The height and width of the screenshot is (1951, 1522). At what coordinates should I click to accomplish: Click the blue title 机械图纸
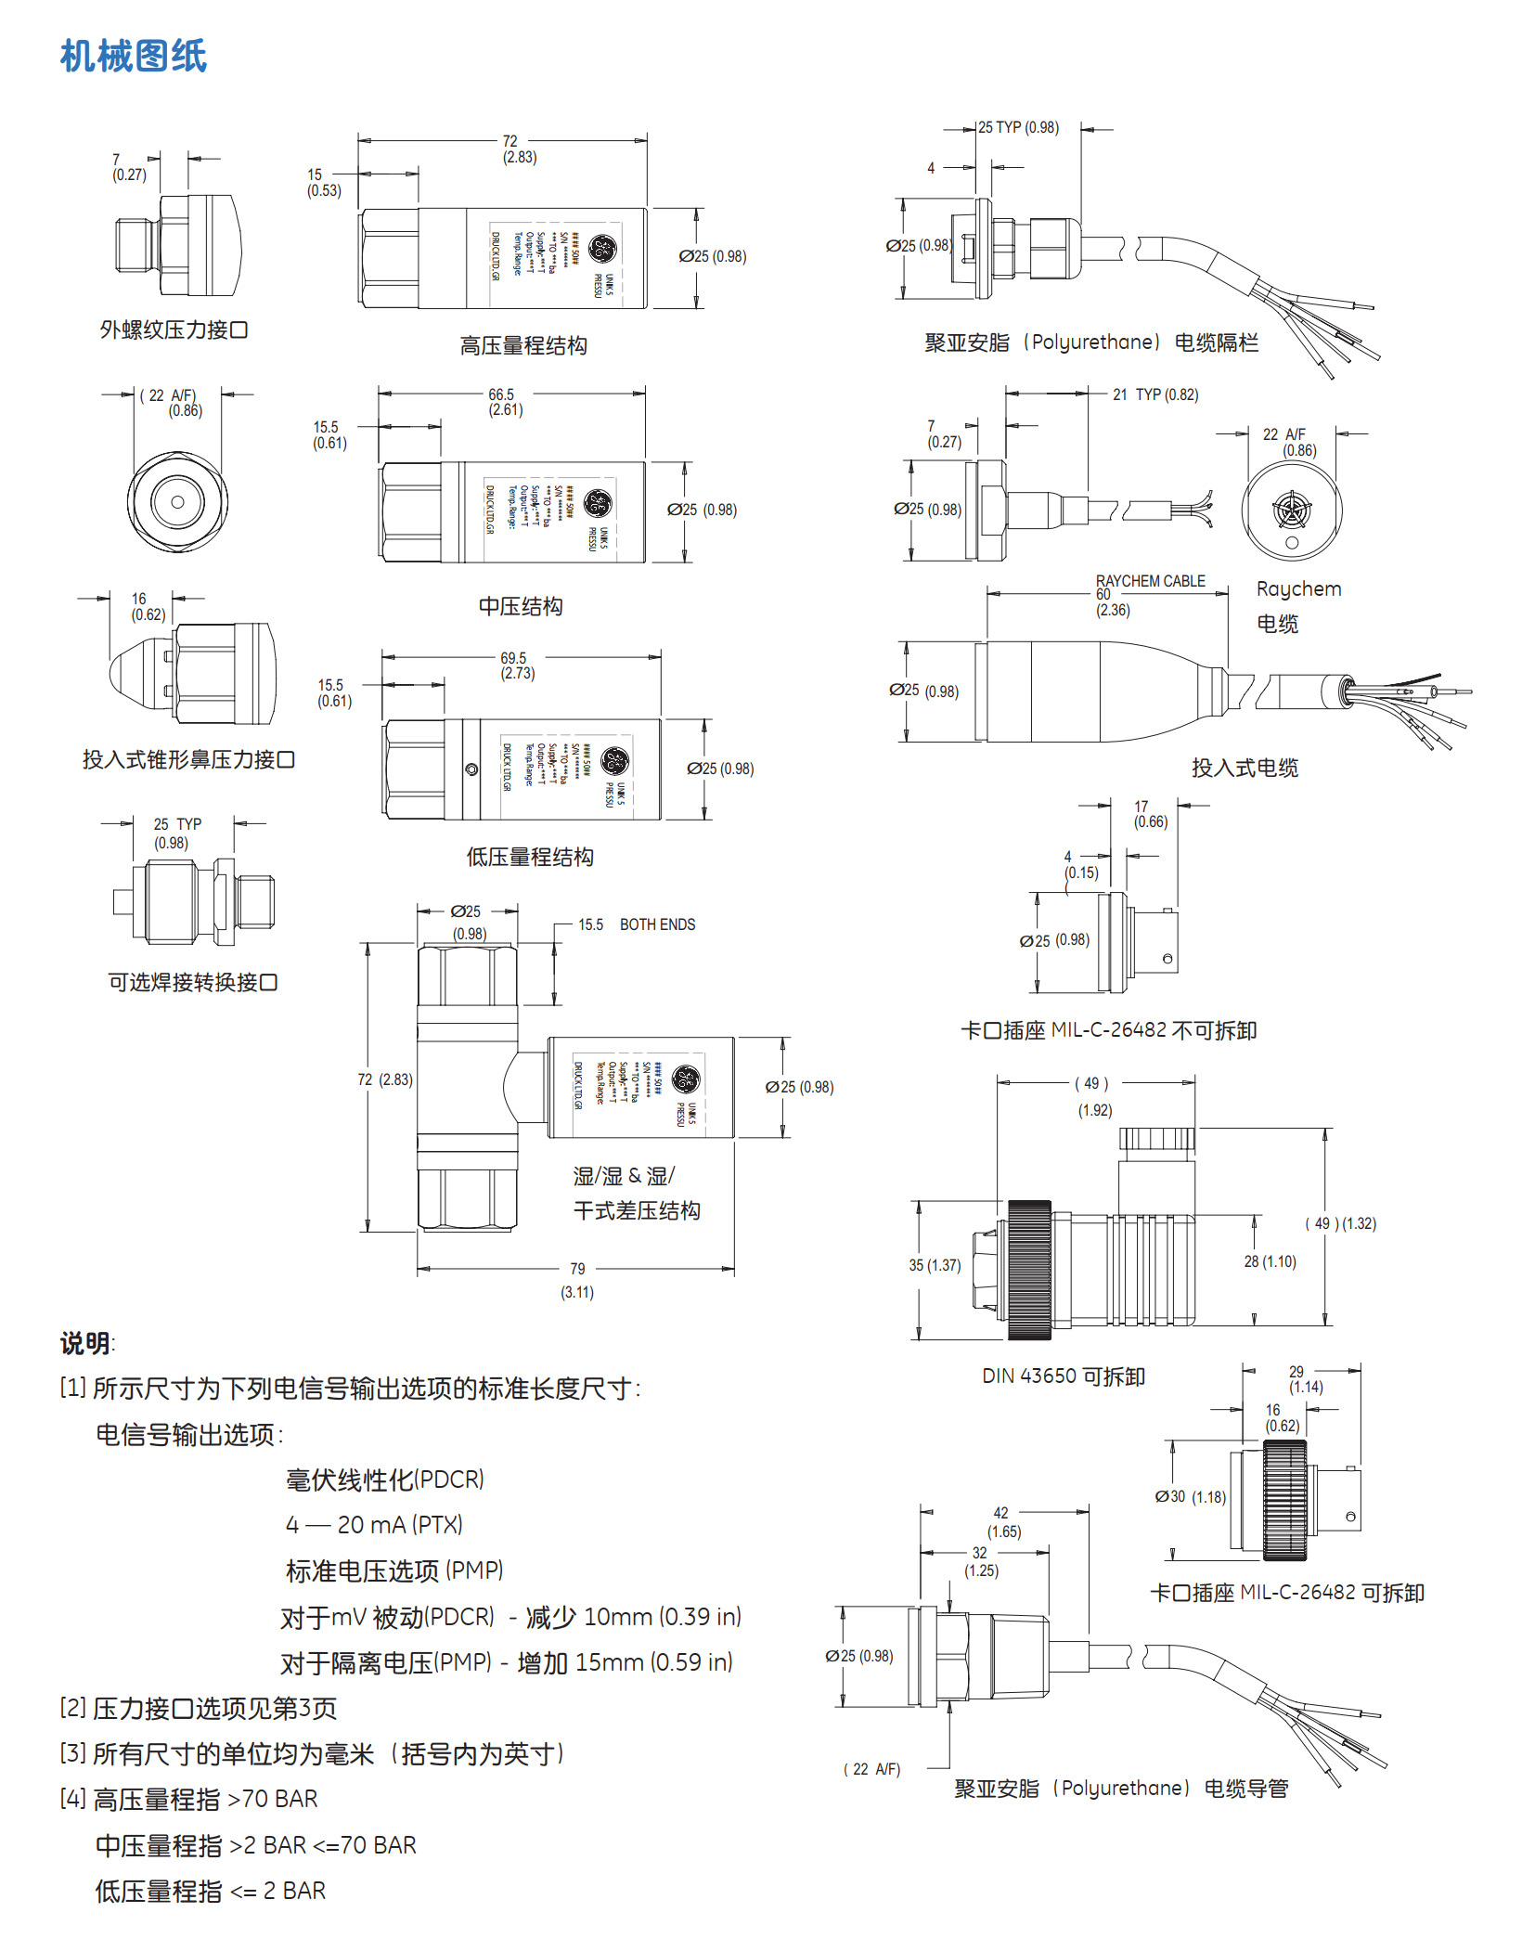(x=134, y=56)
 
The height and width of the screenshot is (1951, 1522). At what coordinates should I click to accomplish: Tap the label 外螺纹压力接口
(x=174, y=329)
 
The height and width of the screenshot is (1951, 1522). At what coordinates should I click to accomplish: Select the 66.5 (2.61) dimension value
(x=505, y=402)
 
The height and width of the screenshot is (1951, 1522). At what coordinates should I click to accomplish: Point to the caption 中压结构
(x=521, y=606)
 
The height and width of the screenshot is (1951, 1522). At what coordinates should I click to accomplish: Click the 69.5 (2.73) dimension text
(x=517, y=665)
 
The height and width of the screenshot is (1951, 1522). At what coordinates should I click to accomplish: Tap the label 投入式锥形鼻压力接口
(x=188, y=759)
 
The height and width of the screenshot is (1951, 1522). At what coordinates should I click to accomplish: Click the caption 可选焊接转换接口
(x=193, y=982)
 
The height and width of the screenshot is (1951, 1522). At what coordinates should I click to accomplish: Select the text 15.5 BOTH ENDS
(x=636, y=924)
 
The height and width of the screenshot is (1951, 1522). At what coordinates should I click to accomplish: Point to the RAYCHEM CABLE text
(x=1150, y=581)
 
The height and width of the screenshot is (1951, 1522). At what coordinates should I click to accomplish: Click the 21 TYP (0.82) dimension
(x=1154, y=394)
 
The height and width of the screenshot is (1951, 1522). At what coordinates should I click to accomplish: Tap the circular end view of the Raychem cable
(x=1291, y=510)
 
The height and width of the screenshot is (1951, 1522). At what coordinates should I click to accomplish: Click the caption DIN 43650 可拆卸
(x=1064, y=1376)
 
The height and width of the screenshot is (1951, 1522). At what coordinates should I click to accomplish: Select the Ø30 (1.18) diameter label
(x=1190, y=1496)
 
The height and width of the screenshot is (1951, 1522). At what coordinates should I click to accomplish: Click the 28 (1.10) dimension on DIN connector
(x=1270, y=1261)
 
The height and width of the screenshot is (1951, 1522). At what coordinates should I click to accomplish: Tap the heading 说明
(x=85, y=1343)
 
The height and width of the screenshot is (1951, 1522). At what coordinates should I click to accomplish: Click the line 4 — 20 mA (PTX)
(x=374, y=1524)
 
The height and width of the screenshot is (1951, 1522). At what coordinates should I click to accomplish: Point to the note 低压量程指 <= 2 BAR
(x=211, y=1891)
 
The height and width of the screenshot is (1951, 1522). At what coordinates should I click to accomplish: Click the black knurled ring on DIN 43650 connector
(x=1029, y=1269)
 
